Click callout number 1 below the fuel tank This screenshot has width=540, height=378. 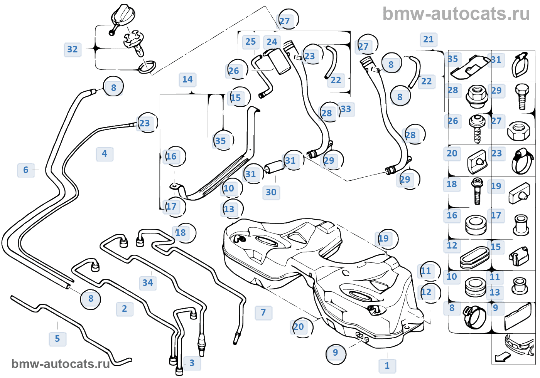click(387, 366)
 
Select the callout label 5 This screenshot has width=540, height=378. click(57, 339)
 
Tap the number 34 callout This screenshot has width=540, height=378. click(147, 283)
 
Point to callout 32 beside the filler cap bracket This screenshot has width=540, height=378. click(73, 49)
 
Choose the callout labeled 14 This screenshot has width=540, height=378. click(187, 79)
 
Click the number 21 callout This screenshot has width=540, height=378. click(429, 39)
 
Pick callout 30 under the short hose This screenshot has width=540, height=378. click(271, 192)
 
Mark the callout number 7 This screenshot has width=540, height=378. click(263, 312)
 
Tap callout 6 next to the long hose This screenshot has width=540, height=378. click(26, 170)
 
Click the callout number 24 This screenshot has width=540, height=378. click(272, 42)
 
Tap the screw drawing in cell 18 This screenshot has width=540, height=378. click(478, 192)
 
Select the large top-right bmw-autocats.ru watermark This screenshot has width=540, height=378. click(456, 13)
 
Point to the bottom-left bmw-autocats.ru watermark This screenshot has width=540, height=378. click(61, 364)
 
